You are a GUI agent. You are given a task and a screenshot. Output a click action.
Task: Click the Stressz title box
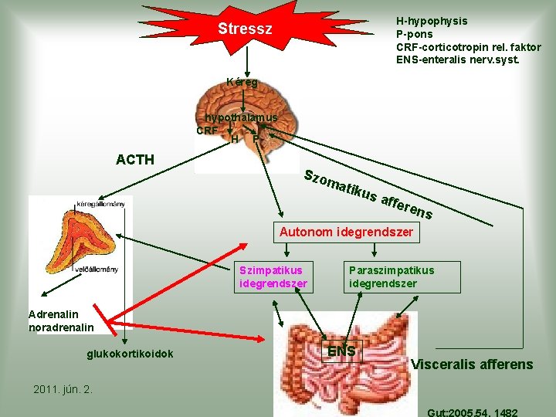(246, 30)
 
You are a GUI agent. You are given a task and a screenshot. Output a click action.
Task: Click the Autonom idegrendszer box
(347, 232)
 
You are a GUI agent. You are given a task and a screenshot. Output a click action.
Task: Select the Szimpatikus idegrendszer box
(273, 276)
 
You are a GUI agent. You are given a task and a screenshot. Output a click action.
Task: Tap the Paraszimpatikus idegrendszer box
(402, 276)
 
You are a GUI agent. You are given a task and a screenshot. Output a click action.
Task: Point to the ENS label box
(342, 352)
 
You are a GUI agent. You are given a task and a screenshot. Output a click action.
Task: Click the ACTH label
(134, 160)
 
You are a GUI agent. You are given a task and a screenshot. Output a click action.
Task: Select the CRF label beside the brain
(207, 131)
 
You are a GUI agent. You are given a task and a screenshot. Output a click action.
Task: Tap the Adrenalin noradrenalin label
(61, 320)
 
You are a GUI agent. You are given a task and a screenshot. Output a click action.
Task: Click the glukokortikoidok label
(130, 354)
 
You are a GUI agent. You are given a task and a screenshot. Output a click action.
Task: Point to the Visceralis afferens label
(473, 364)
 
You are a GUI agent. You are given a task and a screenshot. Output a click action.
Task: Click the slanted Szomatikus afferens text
(368, 192)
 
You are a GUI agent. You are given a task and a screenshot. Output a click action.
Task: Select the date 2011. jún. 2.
(63, 388)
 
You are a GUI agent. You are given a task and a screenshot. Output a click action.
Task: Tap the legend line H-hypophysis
(431, 21)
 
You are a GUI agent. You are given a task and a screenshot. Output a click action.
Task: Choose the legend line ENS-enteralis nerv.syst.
(457, 59)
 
